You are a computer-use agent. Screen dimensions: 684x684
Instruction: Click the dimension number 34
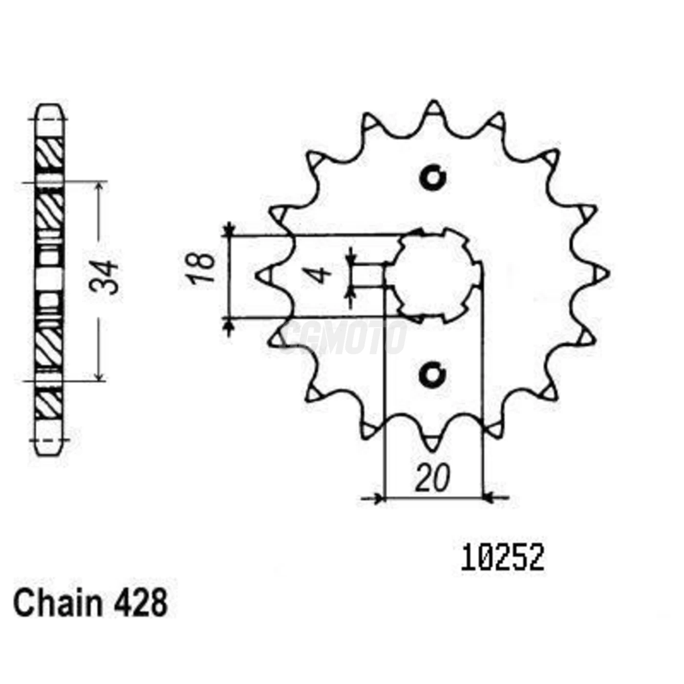click(x=104, y=277)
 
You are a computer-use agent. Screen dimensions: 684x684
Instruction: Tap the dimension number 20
click(x=432, y=479)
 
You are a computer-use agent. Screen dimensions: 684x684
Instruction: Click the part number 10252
click(x=502, y=558)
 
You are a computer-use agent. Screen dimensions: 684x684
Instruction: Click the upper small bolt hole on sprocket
click(x=433, y=178)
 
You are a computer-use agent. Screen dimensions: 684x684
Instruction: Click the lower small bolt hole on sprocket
click(x=433, y=375)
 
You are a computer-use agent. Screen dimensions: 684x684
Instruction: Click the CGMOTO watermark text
click(x=344, y=337)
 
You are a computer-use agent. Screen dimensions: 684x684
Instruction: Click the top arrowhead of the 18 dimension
click(x=229, y=230)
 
